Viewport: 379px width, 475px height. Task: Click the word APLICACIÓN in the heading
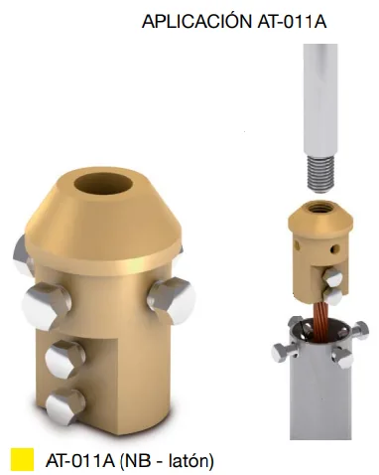(x=196, y=21)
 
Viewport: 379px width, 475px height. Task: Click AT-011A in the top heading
(x=292, y=22)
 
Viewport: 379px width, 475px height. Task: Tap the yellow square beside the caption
(x=22, y=459)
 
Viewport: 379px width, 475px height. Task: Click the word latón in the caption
(x=190, y=460)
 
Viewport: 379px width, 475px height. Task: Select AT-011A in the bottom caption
(x=80, y=460)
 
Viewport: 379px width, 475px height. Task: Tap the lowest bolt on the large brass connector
(x=65, y=405)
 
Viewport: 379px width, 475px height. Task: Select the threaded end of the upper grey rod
(x=320, y=174)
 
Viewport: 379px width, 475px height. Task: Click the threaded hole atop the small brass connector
(x=319, y=209)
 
